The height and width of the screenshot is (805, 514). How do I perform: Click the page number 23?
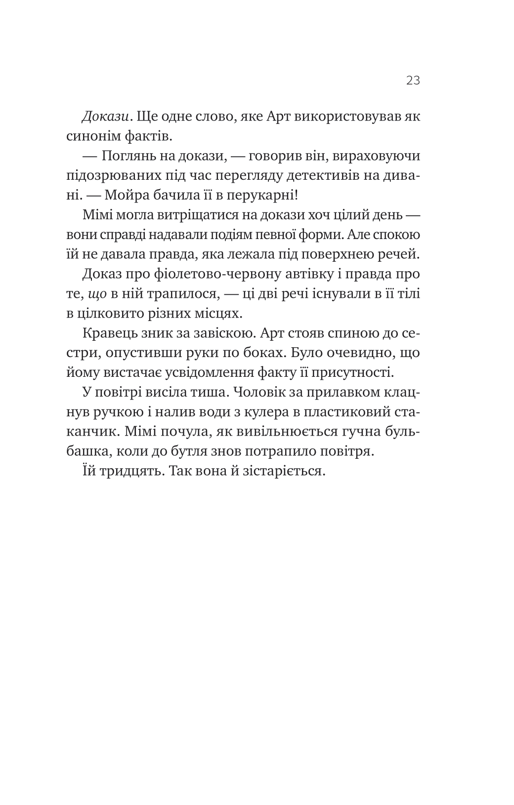click(413, 80)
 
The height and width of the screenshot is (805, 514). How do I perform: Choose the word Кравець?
click(109, 333)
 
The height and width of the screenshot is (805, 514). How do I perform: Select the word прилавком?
click(352, 393)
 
